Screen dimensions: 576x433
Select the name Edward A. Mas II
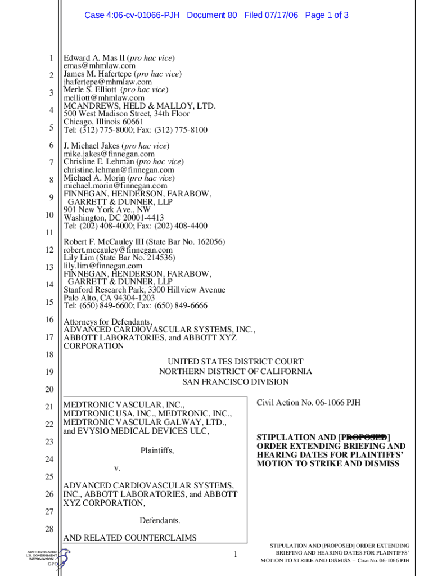click(94, 58)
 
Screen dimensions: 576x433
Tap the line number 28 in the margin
click(49, 529)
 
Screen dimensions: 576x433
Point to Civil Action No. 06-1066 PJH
click(308, 403)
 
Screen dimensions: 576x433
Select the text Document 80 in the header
click(211, 15)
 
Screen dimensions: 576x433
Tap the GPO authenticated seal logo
click(48, 559)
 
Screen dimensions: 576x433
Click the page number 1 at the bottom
click(236, 555)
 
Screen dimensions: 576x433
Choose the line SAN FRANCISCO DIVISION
click(235, 382)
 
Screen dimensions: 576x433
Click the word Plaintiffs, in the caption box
click(157, 451)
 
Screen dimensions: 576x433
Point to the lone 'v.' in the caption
click(117, 468)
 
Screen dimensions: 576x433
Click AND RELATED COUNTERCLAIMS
click(130, 538)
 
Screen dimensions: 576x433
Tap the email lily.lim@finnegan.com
click(103, 265)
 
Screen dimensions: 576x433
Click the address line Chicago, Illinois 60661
click(103, 121)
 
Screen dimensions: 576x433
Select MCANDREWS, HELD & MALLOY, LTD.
click(139, 106)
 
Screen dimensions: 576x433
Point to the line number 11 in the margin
click(49, 232)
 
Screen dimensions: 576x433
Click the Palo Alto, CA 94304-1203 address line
click(109, 298)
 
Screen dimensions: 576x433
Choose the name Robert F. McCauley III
click(108, 242)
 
